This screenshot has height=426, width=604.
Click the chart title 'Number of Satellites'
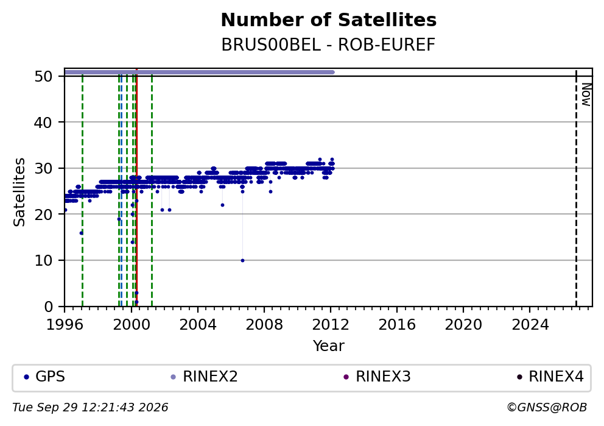(x=329, y=20)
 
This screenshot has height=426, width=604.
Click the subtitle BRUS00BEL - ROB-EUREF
(x=328, y=45)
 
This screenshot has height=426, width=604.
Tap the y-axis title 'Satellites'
(x=19, y=192)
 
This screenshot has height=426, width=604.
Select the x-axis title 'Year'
(x=329, y=346)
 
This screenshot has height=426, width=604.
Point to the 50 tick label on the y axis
(x=43, y=76)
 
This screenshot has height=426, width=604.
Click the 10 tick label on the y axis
(x=43, y=261)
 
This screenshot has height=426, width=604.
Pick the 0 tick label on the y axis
(x=49, y=307)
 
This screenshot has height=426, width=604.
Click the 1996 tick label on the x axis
(x=65, y=325)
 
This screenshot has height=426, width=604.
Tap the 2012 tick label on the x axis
(x=331, y=325)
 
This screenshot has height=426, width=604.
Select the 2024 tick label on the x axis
(x=530, y=325)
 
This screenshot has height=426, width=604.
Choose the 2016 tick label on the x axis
(x=397, y=325)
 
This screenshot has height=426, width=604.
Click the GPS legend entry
(x=44, y=377)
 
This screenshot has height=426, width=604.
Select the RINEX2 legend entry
(x=204, y=377)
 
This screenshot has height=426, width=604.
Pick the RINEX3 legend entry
(x=377, y=377)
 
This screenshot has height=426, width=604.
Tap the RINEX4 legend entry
(x=550, y=377)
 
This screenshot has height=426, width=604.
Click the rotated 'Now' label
(x=586, y=95)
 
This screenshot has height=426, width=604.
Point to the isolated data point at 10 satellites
(x=242, y=261)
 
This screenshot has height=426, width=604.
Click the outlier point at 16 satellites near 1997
(x=81, y=233)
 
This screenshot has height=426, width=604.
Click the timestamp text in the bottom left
(x=90, y=408)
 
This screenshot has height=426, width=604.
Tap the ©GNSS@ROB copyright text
(x=547, y=408)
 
